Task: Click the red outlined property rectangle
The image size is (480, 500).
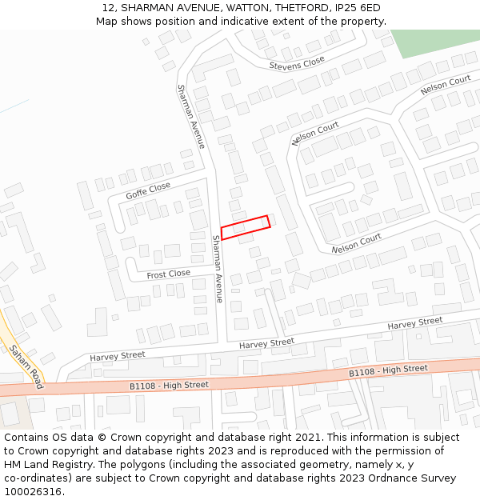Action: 246,227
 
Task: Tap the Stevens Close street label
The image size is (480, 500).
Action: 297,63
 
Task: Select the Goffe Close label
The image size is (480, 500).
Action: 148,190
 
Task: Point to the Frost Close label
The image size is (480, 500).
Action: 168,274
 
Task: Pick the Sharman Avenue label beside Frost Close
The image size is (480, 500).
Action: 218,269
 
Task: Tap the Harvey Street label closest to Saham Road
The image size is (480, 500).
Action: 118,355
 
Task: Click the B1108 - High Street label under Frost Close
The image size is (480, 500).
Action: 169,386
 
